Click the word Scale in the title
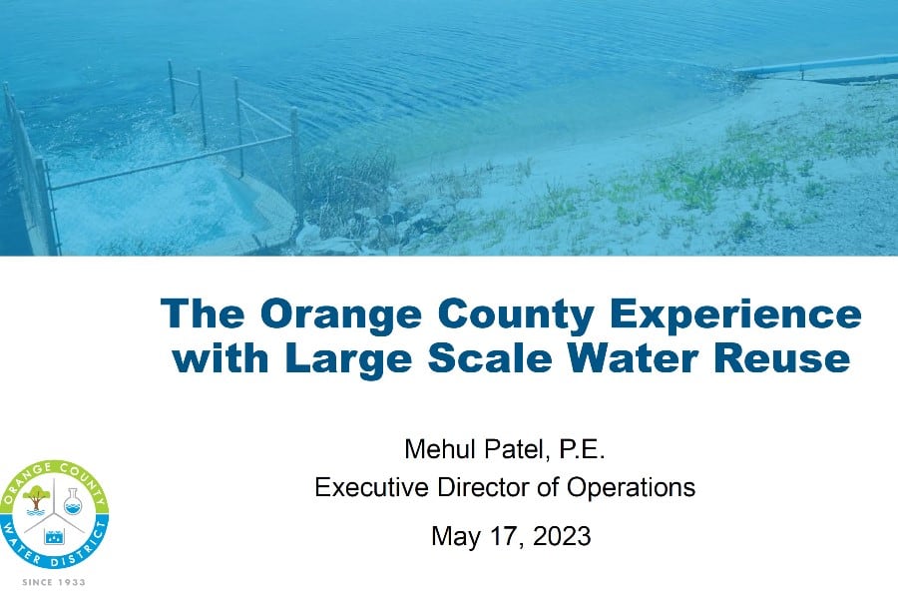point(490,358)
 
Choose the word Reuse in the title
point(782,358)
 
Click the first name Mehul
point(442,449)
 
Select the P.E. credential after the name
point(582,449)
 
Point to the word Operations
point(631,488)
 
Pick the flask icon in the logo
point(73,501)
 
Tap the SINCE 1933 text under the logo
point(54,582)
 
